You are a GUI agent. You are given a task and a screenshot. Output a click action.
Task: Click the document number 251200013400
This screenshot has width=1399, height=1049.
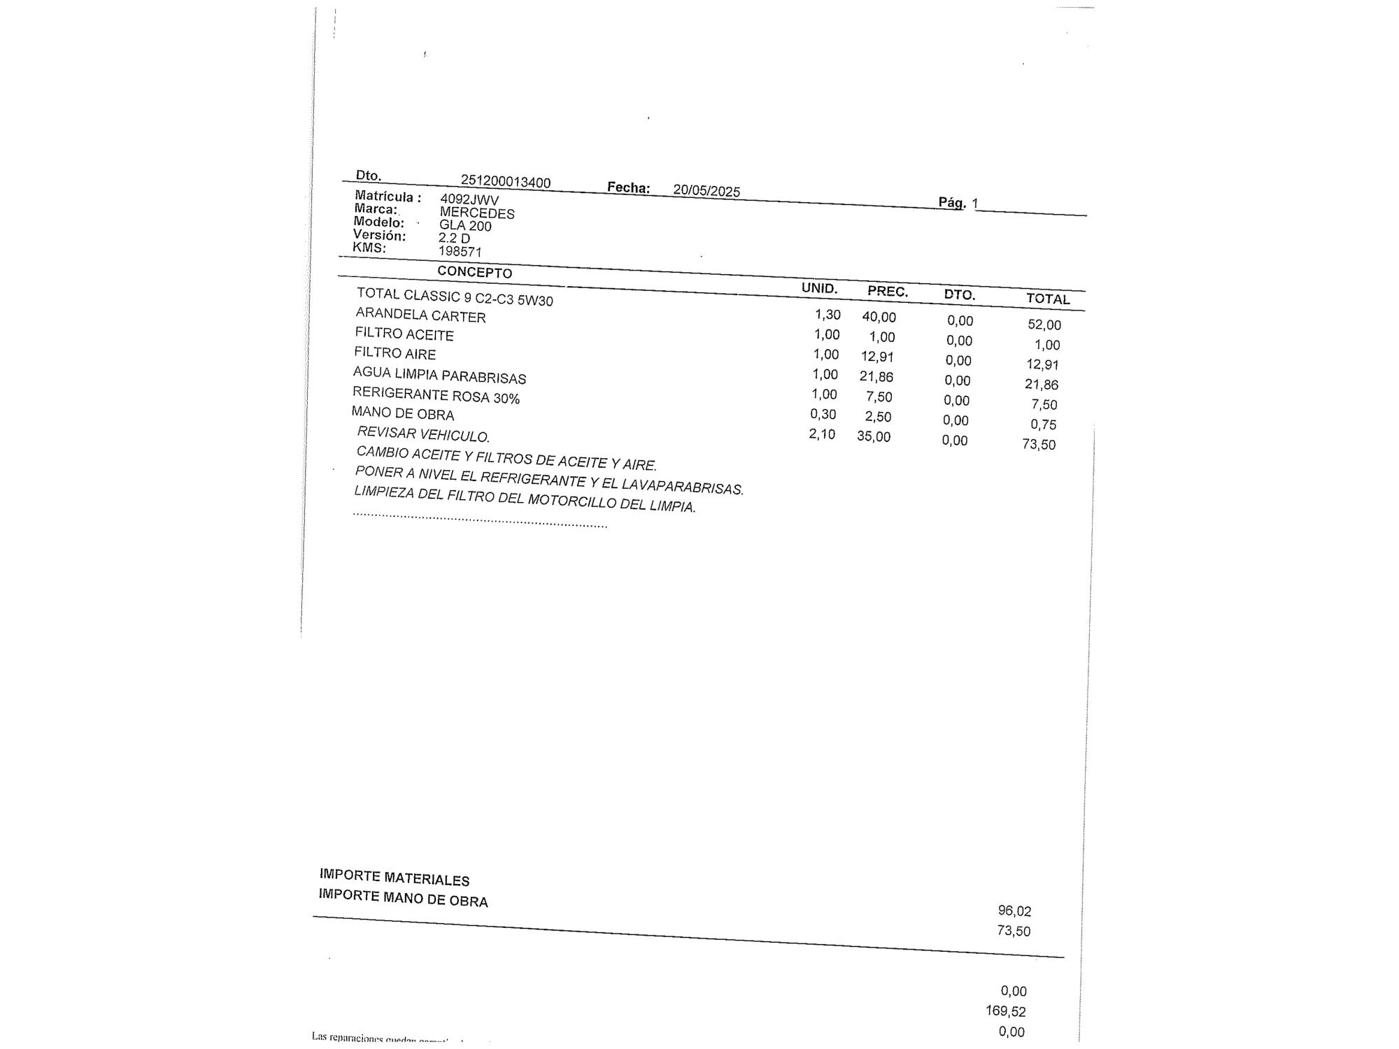tap(505, 181)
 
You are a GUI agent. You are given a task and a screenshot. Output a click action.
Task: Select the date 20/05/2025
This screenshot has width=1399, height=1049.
tap(706, 190)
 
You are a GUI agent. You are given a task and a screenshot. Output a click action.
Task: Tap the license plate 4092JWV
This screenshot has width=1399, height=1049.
tap(469, 200)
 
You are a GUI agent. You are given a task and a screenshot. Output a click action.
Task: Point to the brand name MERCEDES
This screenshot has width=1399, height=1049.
tap(477, 213)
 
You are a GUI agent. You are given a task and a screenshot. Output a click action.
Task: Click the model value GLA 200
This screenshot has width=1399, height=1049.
tap(465, 226)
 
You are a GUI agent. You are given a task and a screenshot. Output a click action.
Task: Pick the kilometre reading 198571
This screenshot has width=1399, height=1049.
tap(460, 251)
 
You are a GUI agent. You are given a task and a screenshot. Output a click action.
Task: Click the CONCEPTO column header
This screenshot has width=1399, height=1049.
tap(474, 272)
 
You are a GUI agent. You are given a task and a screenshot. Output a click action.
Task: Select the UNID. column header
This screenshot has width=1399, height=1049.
tap(819, 288)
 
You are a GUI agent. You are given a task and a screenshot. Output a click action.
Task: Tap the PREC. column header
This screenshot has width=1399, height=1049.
tap(888, 292)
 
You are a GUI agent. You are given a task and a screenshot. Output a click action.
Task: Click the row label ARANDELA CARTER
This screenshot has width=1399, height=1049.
tap(420, 315)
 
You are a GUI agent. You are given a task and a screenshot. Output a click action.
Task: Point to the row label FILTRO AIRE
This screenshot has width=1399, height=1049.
tap(395, 353)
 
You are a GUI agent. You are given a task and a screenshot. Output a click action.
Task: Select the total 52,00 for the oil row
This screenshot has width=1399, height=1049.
tap(1044, 324)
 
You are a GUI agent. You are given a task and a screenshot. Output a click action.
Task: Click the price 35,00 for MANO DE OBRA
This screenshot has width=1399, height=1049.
tap(874, 437)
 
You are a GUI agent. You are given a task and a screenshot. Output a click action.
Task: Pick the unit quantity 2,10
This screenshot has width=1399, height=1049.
tap(822, 434)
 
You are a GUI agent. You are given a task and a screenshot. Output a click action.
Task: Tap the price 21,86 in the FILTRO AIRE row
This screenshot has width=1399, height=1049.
tap(876, 377)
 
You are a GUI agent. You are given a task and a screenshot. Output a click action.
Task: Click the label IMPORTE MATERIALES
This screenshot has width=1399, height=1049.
tap(395, 878)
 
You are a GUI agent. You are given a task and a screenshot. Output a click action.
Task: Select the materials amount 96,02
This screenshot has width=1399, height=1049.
tap(1014, 911)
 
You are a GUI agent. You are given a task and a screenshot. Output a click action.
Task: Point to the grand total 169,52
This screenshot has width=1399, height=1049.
tap(1006, 1011)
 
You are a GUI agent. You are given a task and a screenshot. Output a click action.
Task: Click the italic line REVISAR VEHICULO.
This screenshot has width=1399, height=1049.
tap(422, 434)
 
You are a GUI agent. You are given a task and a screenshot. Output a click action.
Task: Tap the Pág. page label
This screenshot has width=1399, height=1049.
tap(952, 203)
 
